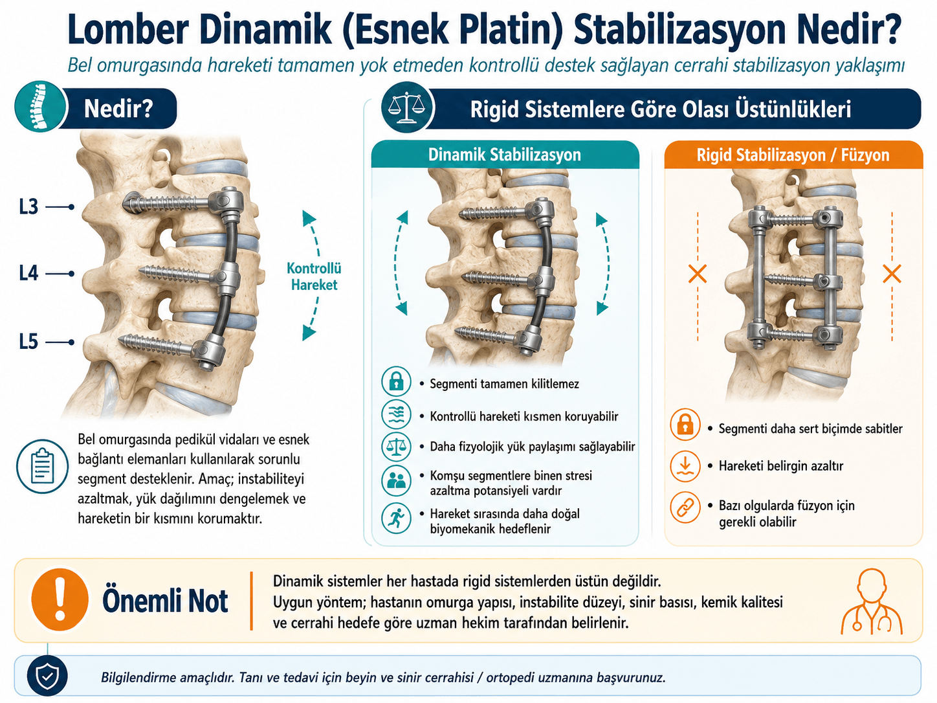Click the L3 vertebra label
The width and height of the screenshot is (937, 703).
tap(28, 207)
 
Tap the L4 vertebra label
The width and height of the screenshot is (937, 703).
tap(28, 273)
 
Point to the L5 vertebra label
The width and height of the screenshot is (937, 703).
tap(28, 342)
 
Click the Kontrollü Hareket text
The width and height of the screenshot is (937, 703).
tap(314, 276)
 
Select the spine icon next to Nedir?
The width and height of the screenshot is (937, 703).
tap(40, 107)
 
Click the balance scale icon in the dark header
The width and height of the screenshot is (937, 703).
tap(407, 108)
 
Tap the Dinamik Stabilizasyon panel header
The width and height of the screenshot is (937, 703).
tap(505, 155)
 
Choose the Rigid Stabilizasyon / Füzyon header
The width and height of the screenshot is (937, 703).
tap(793, 155)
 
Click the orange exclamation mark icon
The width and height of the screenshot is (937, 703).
tap(60, 599)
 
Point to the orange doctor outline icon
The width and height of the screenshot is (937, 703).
tap(872, 601)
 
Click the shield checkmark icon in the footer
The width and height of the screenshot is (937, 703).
tap(47, 676)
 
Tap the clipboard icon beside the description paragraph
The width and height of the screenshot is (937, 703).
tap(42, 467)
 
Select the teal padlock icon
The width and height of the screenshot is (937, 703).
tap(396, 381)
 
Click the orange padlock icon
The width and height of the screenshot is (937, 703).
tap(685, 424)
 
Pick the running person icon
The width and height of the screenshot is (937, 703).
tap(396, 518)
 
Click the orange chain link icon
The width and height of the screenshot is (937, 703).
tap(685, 508)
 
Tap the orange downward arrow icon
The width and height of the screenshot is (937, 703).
tap(685, 466)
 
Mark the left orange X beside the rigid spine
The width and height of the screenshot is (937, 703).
tap(698, 274)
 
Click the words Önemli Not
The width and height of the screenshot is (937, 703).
tap(165, 601)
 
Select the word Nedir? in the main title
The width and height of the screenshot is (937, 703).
tap(845, 29)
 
